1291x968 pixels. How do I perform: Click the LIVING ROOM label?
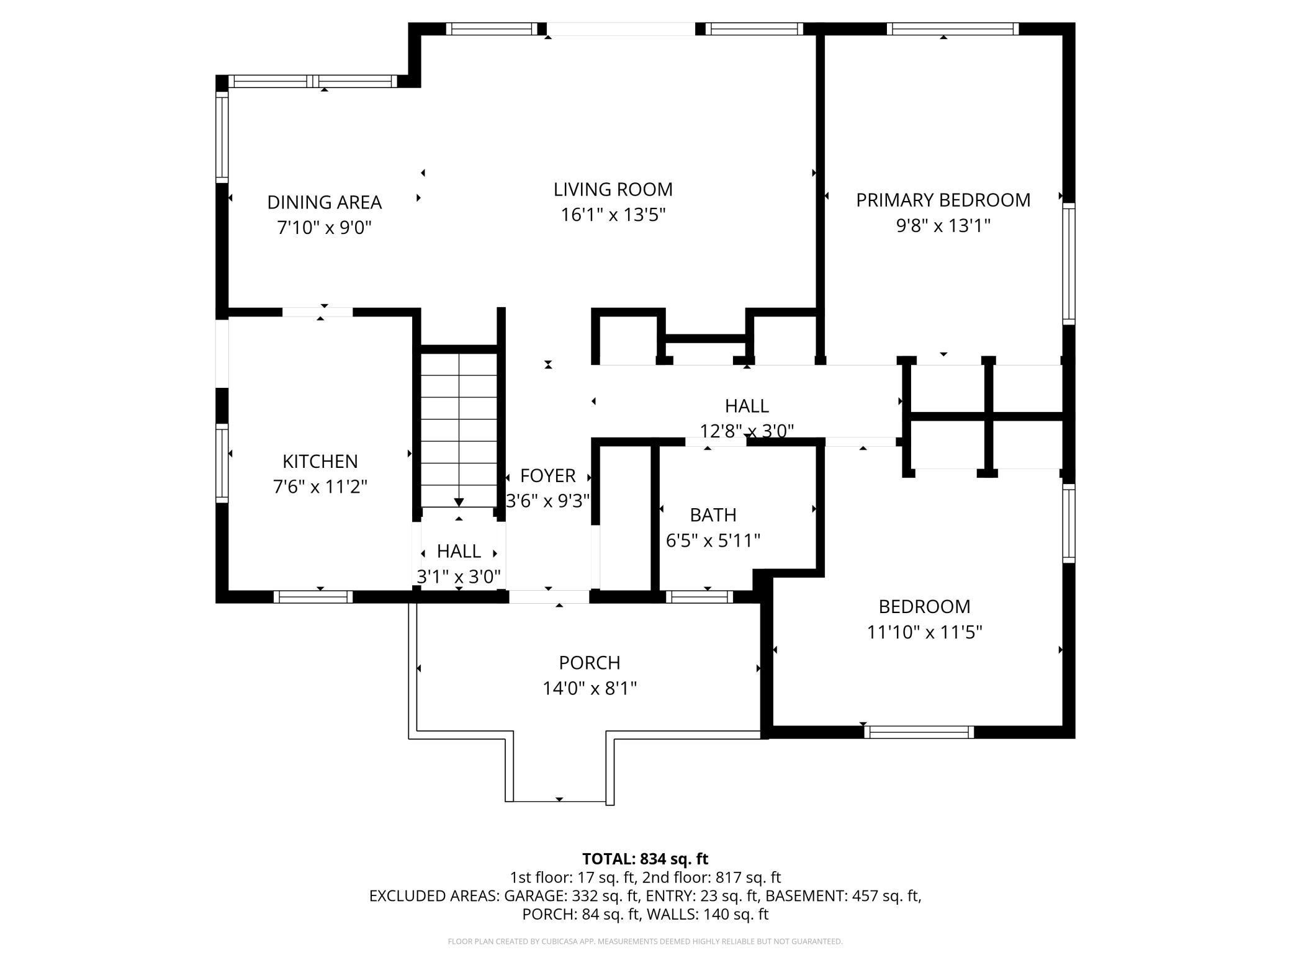coord(613,189)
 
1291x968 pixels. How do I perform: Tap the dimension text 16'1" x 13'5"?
coord(613,215)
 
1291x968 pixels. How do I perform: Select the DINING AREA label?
coord(324,202)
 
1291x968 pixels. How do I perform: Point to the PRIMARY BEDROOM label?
coord(943,200)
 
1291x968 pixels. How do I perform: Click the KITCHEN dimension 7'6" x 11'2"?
coord(320,487)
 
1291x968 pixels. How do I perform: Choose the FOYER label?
coord(547,476)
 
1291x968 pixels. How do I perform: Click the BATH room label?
coord(713,515)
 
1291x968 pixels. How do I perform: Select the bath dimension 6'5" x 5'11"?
coord(713,541)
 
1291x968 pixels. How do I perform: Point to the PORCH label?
coord(589,663)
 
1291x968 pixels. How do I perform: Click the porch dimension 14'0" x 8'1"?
coord(589,689)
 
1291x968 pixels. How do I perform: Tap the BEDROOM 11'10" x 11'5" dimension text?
coord(924,632)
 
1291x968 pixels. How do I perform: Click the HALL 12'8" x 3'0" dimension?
coord(747,431)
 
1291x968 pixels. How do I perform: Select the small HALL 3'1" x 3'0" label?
coord(459,551)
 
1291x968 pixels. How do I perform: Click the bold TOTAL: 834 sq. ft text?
coord(645,859)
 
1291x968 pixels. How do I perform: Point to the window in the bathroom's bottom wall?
coord(699,597)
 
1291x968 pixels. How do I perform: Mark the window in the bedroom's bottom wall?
coord(919,732)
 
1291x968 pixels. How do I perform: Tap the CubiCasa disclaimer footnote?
coord(645,941)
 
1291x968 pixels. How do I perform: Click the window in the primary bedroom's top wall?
coord(952,29)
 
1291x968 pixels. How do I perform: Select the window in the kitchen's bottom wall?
coord(313,597)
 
